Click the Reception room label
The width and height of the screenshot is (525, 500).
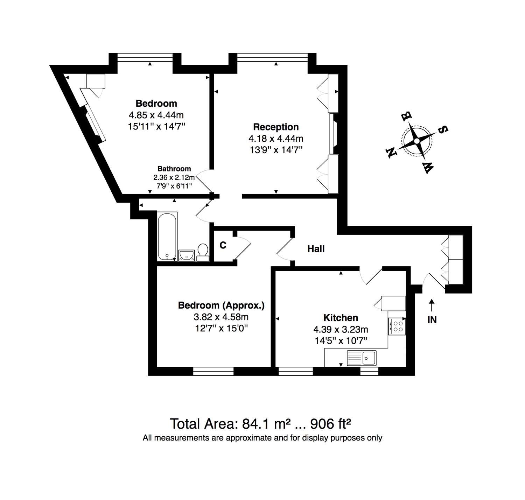275,127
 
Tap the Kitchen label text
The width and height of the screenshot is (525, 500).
341,318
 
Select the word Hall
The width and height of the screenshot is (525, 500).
316,249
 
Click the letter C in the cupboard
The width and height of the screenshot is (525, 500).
223,245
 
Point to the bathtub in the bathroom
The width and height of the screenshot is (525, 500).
167,236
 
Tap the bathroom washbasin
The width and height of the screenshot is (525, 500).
187,255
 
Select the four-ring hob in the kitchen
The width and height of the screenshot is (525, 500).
397,326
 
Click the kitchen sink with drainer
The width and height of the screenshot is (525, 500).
362,358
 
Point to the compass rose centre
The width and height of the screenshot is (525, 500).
416,141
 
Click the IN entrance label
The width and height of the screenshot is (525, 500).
432,320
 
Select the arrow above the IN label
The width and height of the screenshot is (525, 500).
432,305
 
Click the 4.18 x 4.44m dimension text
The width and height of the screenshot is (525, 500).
276,139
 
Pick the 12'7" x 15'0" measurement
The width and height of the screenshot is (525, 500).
222,328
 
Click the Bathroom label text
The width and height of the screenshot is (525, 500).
174,169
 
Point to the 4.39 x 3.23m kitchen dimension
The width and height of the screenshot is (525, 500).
341,330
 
